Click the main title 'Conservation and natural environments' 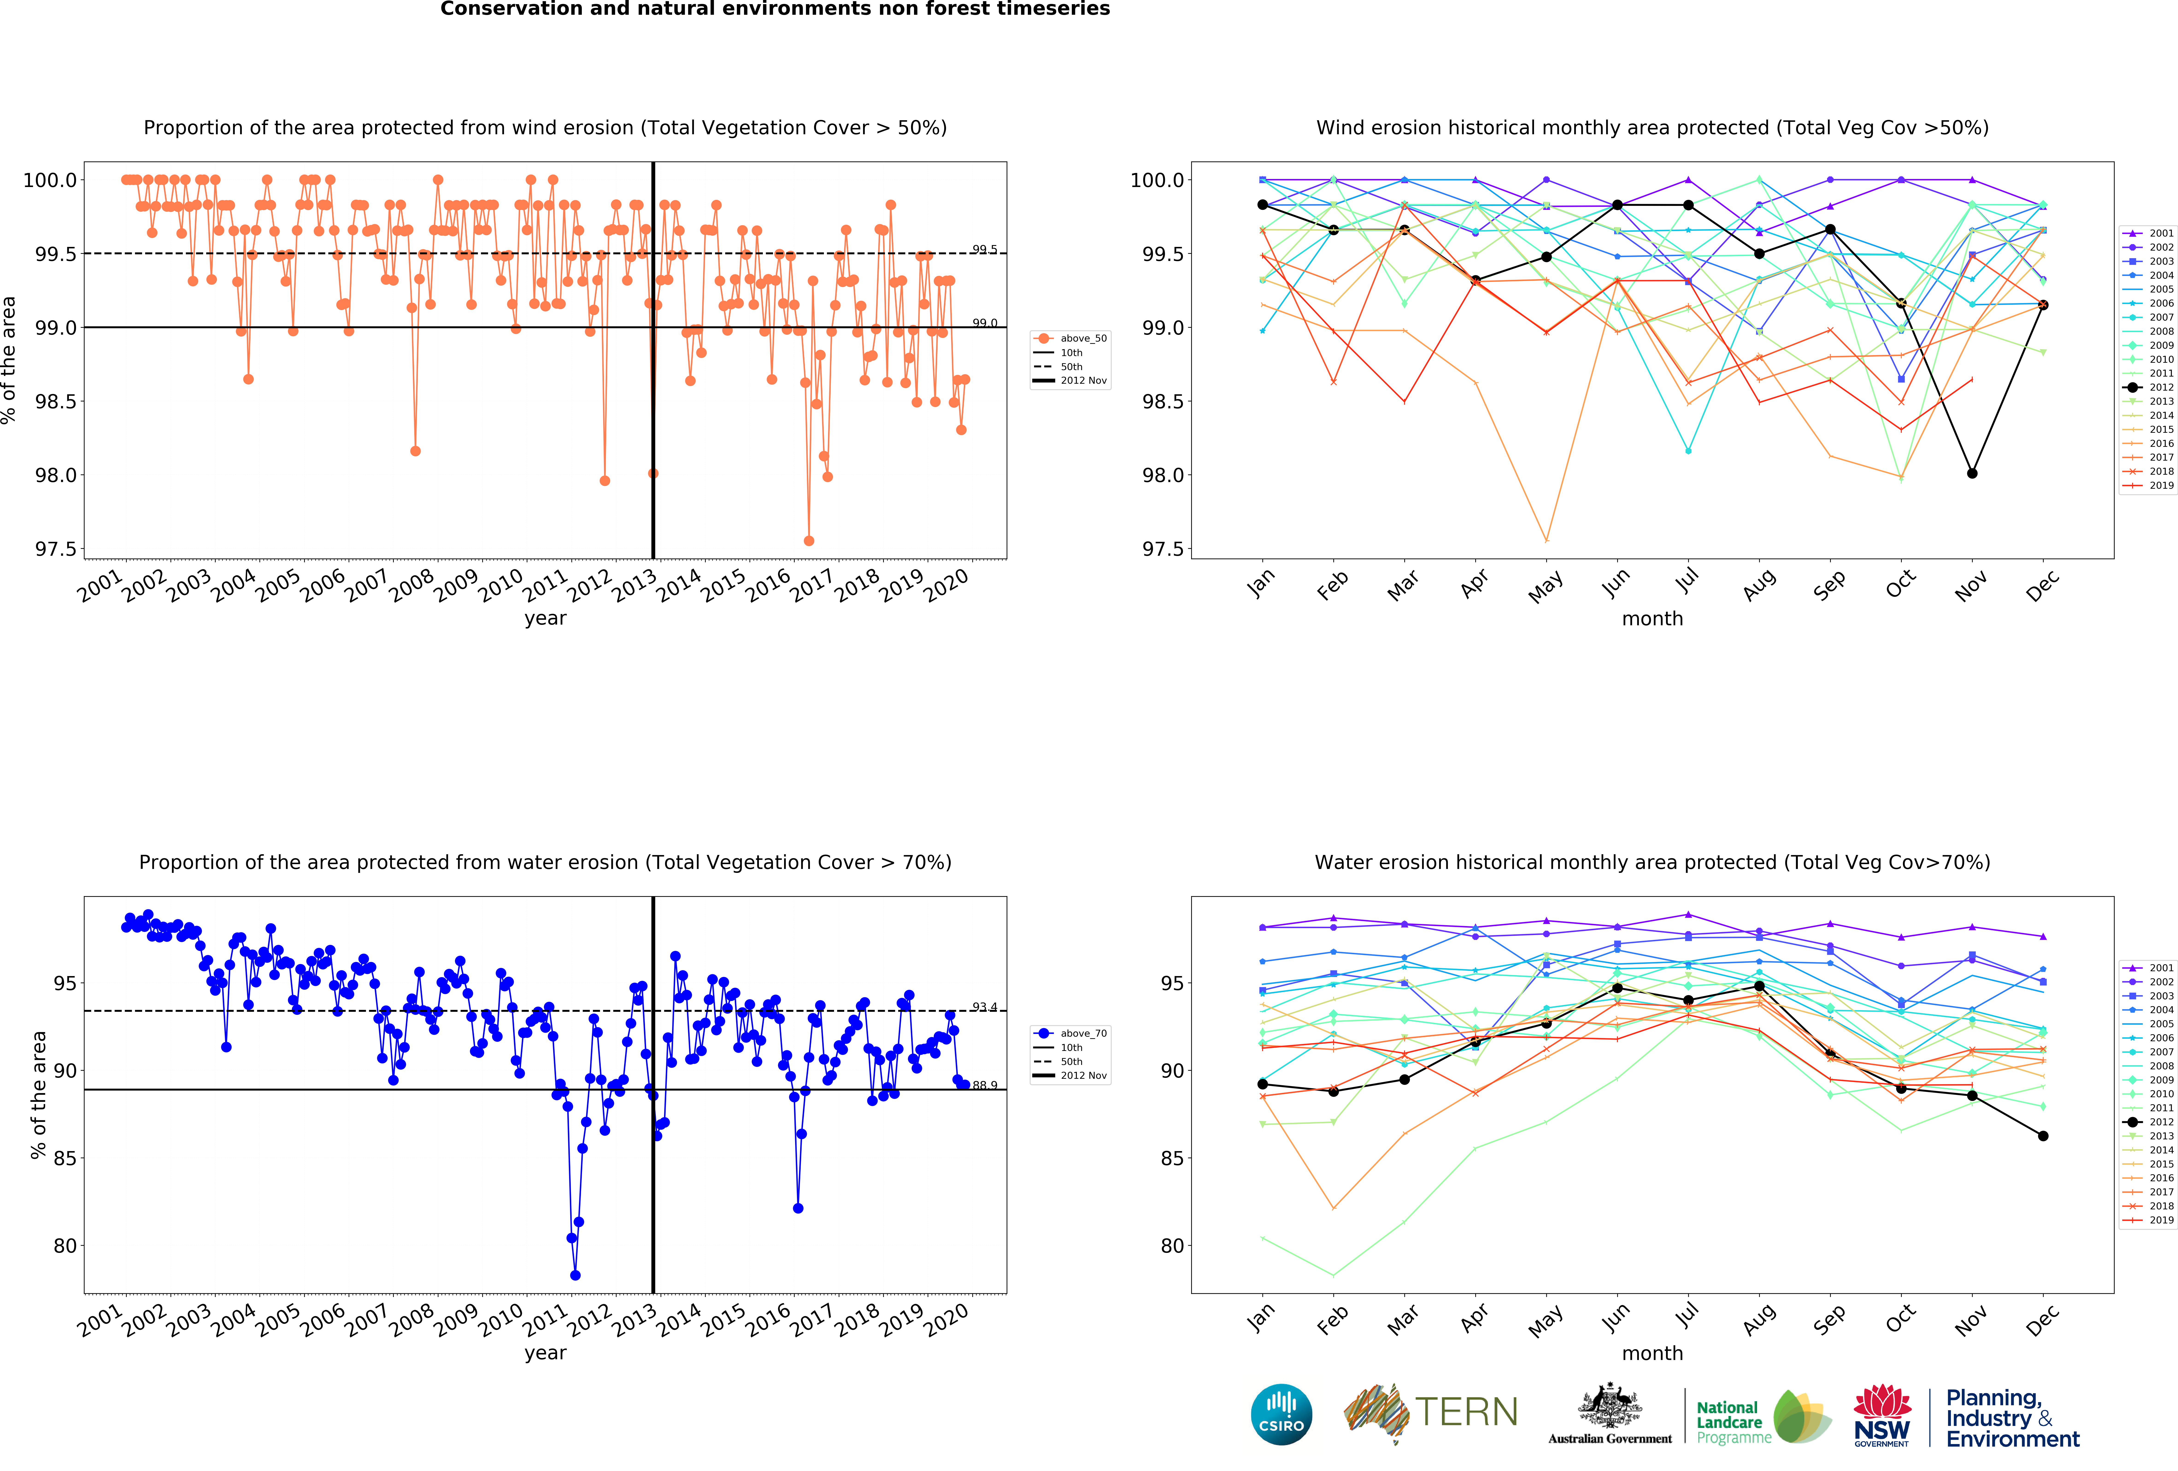[x=775, y=9]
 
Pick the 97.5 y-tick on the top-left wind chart [x=55, y=549]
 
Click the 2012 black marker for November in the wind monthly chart [x=1972, y=473]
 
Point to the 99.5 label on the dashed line [x=984, y=249]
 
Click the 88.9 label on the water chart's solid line [x=984, y=1085]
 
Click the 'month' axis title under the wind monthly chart [x=1652, y=618]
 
